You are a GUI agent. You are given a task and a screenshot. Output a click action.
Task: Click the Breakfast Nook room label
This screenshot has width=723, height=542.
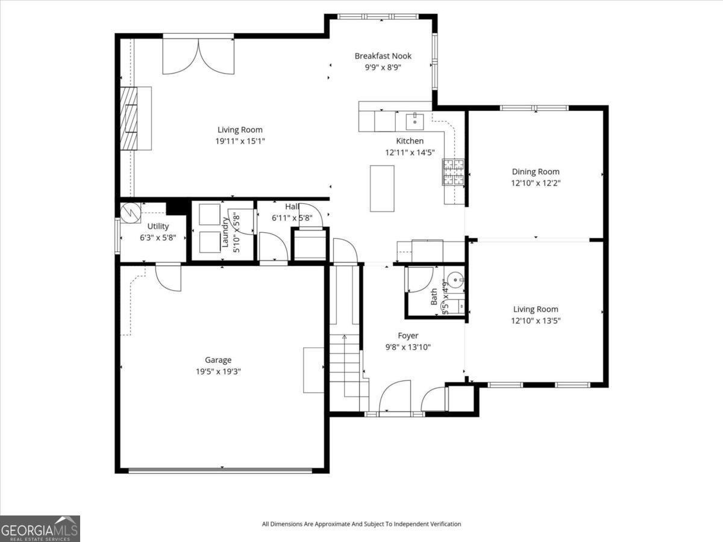pos(383,56)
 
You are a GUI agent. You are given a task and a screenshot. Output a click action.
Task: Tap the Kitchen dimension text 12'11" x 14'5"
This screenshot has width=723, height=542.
pos(410,153)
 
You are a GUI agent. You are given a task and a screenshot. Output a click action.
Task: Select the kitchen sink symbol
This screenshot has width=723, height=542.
pos(415,121)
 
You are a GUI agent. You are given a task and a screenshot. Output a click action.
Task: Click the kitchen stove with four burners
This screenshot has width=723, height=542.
pos(454,171)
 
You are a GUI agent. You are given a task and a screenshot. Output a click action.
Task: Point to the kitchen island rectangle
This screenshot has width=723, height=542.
pos(382,188)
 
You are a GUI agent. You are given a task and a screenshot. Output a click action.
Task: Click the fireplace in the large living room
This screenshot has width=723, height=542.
pos(129,118)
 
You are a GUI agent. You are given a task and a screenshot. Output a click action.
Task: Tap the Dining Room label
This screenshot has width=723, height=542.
pos(536,172)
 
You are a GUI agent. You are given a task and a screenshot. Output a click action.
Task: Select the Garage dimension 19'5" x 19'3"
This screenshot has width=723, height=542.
pos(218,371)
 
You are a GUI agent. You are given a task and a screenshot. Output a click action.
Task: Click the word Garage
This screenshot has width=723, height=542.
pos(218,360)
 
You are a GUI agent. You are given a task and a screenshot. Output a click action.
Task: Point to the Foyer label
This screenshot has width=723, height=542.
pos(408,336)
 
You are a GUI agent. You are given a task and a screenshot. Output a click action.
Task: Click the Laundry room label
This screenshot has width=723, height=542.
pos(225,233)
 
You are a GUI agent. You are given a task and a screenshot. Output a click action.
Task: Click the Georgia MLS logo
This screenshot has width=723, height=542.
pos(40,529)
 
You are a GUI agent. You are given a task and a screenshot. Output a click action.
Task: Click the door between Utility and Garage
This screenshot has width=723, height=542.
pos(167,277)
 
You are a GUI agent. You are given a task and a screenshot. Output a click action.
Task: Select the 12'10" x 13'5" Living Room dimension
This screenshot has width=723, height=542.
pos(536,321)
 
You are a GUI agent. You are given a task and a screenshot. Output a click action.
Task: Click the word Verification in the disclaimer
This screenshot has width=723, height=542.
pos(443,524)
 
